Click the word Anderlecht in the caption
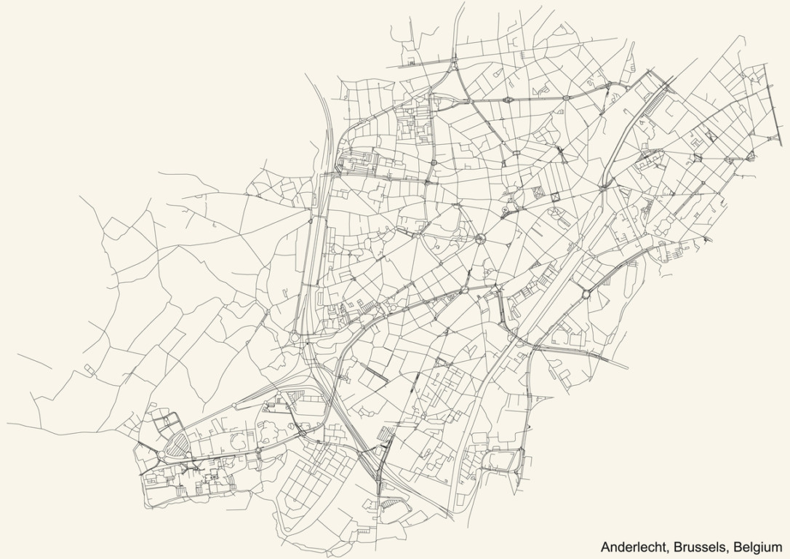click(631, 547)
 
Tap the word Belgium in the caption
click(758, 547)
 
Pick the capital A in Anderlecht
click(605, 547)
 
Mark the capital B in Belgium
click(738, 547)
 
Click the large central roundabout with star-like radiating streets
click(480, 238)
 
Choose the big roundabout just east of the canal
click(586, 295)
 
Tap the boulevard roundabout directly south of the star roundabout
click(463, 290)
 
